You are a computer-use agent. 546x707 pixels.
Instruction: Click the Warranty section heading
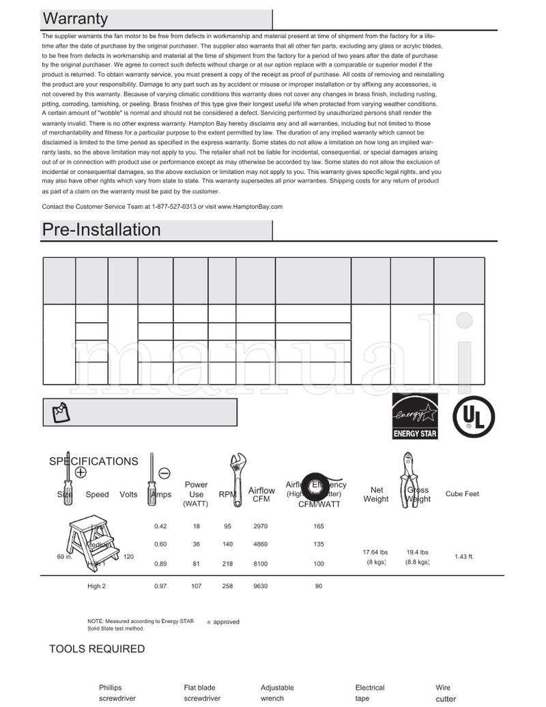(x=75, y=18)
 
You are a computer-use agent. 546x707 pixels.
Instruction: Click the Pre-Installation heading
(x=101, y=229)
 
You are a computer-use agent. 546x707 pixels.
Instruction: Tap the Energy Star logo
(x=415, y=416)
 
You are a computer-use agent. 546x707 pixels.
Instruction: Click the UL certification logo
(x=474, y=416)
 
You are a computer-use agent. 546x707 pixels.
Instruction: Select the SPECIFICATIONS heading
(x=94, y=461)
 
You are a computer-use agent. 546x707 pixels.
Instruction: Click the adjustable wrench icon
(x=235, y=479)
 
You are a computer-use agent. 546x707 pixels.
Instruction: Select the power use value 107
(x=196, y=586)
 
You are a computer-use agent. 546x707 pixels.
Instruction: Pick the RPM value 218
(x=228, y=564)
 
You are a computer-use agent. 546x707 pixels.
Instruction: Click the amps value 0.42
(x=160, y=526)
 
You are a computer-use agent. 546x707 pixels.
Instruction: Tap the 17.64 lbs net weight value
(x=375, y=552)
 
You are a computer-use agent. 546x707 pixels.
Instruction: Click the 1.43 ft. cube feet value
(x=464, y=557)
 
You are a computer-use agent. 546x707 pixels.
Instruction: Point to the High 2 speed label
(x=97, y=586)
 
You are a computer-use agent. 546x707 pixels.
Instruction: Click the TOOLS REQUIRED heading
(x=97, y=649)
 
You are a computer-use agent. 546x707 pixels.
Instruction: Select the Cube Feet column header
(x=462, y=494)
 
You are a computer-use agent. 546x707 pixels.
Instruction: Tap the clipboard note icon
(x=61, y=412)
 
